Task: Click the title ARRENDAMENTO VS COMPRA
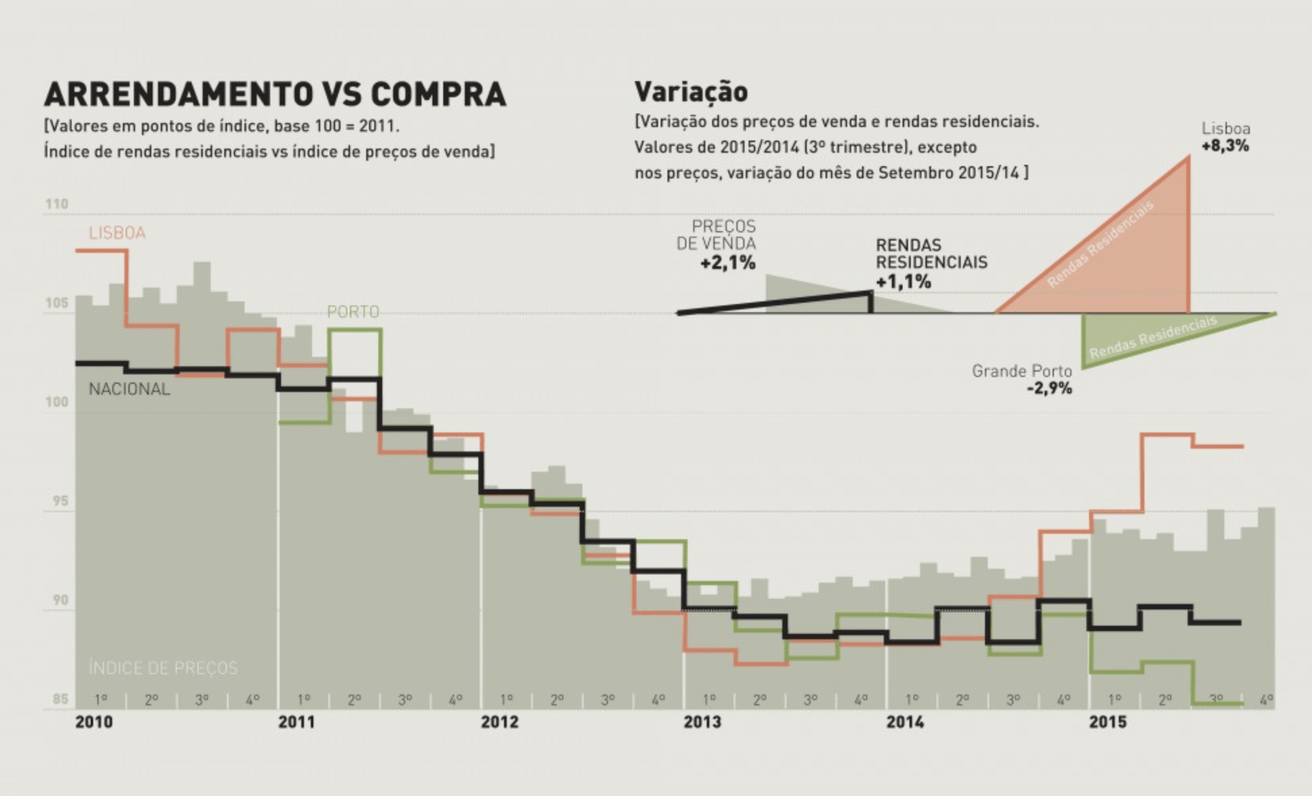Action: click(275, 94)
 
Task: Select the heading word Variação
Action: click(690, 92)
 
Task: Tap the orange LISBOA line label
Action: click(117, 233)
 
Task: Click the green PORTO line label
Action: click(353, 312)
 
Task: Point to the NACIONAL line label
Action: click(129, 389)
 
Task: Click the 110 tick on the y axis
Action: click(57, 204)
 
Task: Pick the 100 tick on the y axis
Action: click(57, 402)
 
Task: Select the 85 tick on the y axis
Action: click(60, 699)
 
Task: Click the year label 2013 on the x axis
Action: click(702, 722)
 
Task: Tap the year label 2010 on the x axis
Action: click(94, 722)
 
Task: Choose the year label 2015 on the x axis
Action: click(1107, 722)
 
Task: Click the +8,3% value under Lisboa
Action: click(1225, 146)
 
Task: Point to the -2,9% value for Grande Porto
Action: click(1049, 389)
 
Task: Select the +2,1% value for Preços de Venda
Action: click(727, 263)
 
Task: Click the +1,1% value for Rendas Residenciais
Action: click(903, 281)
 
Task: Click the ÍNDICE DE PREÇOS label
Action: click(163, 668)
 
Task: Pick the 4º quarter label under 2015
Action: click(1266, 700)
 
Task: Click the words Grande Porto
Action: click(1021, 371)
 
